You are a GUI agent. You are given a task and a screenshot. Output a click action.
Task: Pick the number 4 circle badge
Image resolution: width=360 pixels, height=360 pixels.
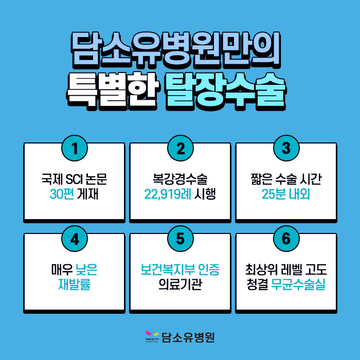coord(74,239)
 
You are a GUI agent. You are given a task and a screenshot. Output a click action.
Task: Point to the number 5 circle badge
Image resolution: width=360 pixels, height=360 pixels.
coord(180,239)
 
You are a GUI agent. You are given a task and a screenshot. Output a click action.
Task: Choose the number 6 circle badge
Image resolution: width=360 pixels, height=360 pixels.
coord(286,239)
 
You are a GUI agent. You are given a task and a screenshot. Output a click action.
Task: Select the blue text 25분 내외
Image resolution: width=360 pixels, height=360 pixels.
coord(286,194)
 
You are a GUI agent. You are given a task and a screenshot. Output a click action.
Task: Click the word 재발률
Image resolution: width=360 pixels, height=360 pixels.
coord(75,284)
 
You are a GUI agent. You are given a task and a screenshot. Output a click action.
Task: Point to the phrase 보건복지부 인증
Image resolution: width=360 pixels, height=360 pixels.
coord(180,270)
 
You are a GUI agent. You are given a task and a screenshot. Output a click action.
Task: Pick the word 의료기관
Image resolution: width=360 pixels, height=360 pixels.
coord(180,284)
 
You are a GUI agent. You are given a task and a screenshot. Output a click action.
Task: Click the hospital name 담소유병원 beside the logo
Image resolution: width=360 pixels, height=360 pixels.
coord(188,337)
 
